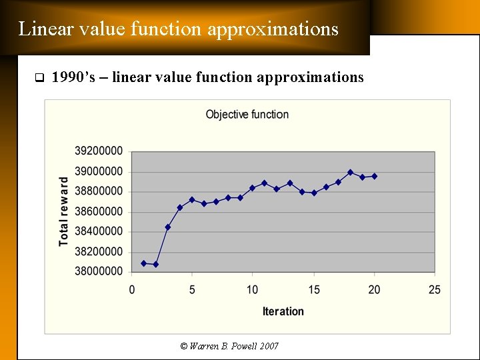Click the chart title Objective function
click(x=247, y=115)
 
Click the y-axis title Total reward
click(x=64, y=211)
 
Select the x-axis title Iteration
click(x=283, y=311)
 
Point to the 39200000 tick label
click(x=98, y=151)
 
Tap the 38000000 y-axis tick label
click(x=98, y=271)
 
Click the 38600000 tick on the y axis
click(x=98, y=211)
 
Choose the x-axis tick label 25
click(x=435, y=290)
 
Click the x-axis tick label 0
click(x=131, y=290)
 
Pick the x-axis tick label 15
click(x=313, y=290)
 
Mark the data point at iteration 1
click(x=143, y=263)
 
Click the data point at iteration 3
click(x=168, y=227)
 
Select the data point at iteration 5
click(x=192, y=200)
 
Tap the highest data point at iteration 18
click(x=350, y=172)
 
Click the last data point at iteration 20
click(x=374, y=176)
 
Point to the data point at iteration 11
click(x=265, y=183)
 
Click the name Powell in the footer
click(x=239, y=346)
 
